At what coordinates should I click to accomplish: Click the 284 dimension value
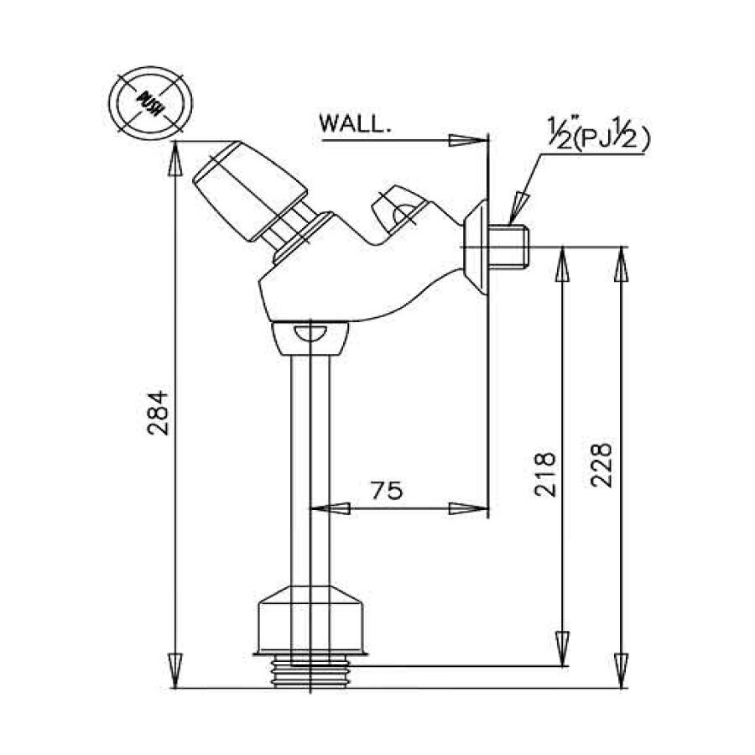pos(159,412)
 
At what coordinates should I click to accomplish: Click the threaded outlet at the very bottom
pos(310,671)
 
